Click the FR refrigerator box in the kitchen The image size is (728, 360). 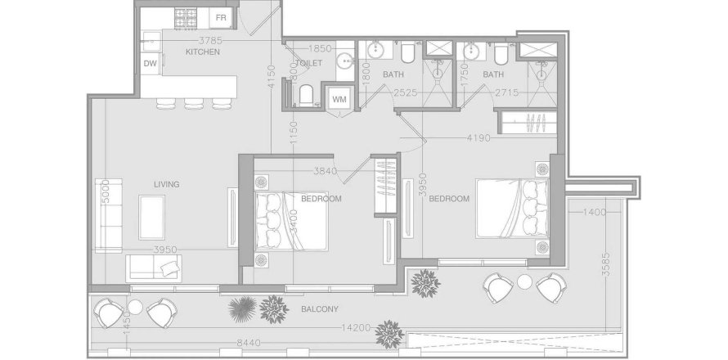(x=220, y=17)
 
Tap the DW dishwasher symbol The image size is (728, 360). (x=150, y=63)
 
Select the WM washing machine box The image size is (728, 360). (x=339, y=99)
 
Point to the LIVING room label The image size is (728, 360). (x=166, y=184)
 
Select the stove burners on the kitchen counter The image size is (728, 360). (x=184, y=16)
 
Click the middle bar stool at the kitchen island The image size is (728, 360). (x=194, y=103)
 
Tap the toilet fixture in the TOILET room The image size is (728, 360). (x=303, y=96)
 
